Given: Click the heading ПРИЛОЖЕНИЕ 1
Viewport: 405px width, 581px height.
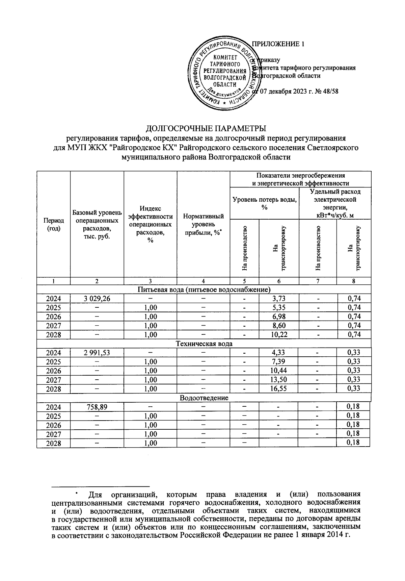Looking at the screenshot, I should (278, 44).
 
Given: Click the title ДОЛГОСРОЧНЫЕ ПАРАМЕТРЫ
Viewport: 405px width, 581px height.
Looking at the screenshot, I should (206, 129).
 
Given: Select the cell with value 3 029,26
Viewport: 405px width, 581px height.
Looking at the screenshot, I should (97, 299).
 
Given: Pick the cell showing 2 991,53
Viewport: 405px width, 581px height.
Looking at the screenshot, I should (97, 353).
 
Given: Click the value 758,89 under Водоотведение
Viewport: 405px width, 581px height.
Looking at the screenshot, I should (97, 407).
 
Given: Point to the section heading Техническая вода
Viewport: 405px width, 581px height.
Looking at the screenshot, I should (204, 344).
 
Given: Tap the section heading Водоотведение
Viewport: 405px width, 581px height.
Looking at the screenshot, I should (204, 398).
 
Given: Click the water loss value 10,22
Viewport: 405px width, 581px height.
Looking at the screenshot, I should (278, 335).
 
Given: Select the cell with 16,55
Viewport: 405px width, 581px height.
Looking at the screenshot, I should (278, 389).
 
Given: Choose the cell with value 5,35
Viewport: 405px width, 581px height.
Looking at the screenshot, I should (278, 308).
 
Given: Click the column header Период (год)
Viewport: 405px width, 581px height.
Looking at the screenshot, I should (53, 224).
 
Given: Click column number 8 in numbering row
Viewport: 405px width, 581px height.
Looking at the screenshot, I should (353, 281).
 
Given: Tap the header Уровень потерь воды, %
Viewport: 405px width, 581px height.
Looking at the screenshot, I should (264, 203).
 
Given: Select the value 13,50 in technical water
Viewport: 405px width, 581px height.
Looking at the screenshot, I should (278, 380).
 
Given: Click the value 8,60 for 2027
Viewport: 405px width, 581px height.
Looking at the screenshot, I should (278, 326).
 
